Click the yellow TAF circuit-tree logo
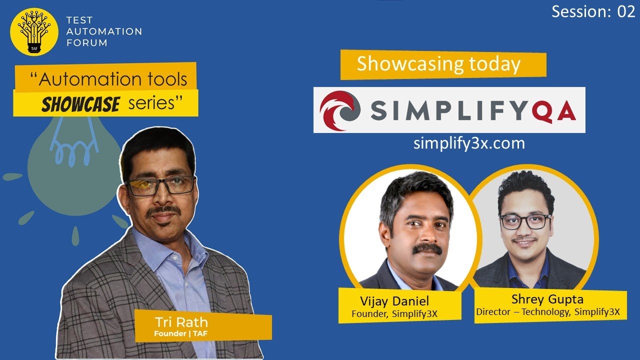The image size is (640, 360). click(33, 31)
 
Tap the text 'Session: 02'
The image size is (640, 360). click(593, 12)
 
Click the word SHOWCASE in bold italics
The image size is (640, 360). click(80, 104)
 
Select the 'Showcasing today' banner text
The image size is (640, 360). click(438, 64)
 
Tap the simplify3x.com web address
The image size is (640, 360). click(469, 143)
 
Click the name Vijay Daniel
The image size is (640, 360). click(394, 301)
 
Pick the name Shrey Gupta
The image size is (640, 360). click(547, 299)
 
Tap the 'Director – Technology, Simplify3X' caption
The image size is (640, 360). click(547, 312)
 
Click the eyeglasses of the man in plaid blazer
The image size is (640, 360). click(159, 185)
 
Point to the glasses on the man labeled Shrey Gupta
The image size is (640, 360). click(525, 221)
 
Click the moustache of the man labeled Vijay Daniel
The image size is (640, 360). click(420, 248)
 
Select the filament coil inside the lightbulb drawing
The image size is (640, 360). click(71, 150)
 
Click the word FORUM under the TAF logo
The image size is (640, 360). click(86, 43)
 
